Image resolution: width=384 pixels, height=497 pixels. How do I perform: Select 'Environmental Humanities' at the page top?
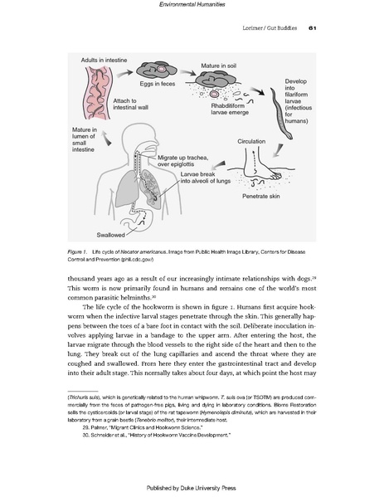click(x=192, y=7)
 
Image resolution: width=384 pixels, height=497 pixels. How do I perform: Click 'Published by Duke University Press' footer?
click(x=192, y=487)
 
